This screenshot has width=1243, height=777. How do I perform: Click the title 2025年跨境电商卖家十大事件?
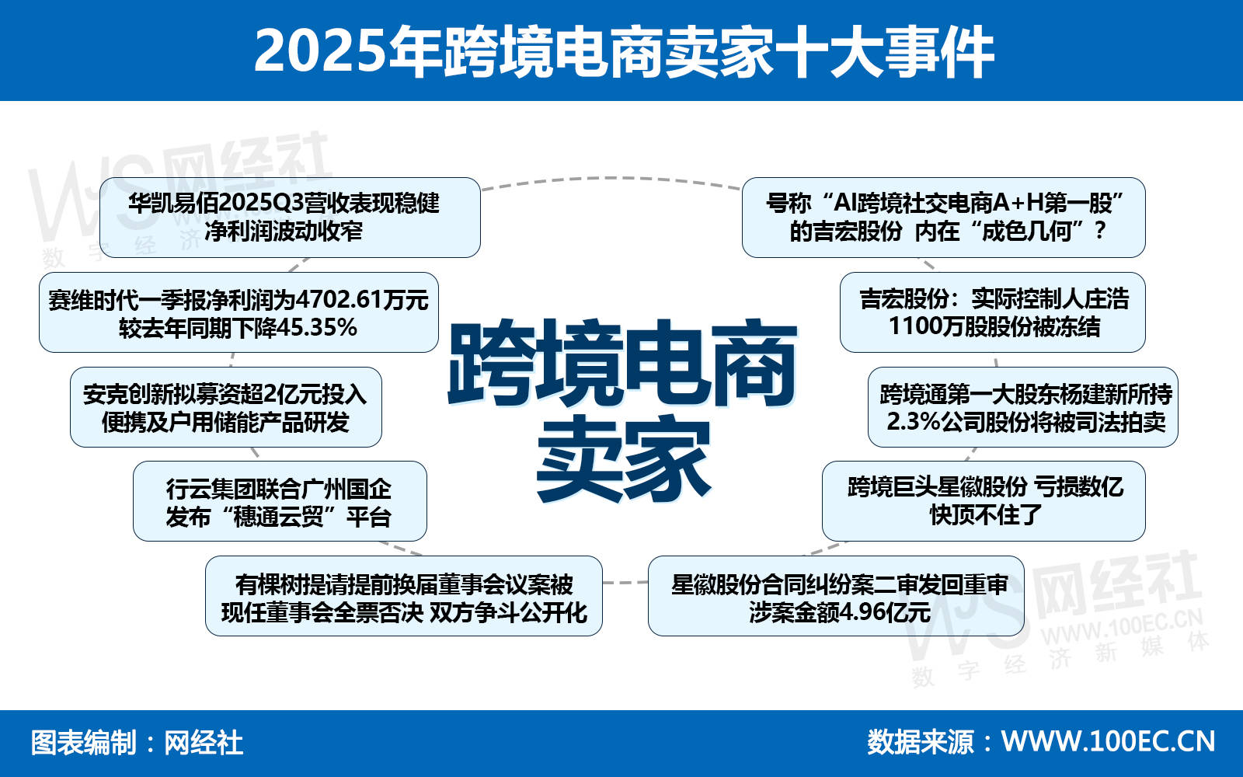624,51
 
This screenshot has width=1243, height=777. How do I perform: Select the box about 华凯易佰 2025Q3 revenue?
291,218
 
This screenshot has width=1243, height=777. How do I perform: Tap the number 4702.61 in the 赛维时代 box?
339,300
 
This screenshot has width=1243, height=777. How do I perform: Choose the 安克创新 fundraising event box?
226,407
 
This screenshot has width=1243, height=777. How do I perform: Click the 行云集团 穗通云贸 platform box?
280,501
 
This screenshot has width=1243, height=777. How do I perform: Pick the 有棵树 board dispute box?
403,596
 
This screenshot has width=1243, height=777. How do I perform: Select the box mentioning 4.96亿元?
836,596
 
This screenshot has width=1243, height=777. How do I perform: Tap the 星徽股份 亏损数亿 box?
984,501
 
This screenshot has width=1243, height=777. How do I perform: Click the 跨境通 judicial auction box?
1022,407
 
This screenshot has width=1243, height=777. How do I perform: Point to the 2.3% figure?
913,422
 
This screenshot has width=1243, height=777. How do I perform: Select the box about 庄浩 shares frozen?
993,312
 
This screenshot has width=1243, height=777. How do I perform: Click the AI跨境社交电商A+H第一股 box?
943,218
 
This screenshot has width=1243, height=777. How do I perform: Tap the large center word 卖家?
623,458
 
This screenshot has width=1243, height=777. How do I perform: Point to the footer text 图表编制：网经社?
137,743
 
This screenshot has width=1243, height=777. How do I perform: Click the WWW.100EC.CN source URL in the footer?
1108,741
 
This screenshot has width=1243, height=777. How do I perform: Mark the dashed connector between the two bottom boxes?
625,582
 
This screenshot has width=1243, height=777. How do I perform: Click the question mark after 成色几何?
1101,230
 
